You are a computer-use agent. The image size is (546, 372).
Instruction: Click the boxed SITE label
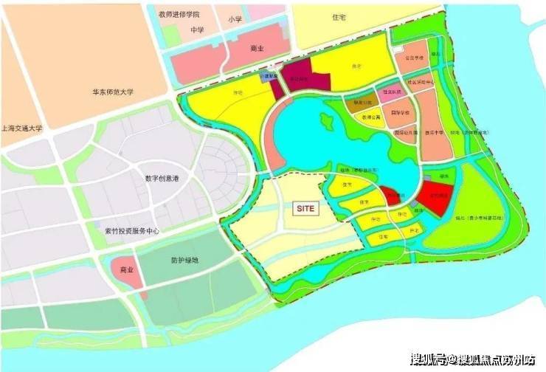tap(305, 209)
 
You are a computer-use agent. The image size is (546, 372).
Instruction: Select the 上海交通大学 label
tap(22, 127)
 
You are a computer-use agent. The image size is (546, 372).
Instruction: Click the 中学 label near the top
tap(176, 30)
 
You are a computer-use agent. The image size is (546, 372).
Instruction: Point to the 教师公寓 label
tap(371, 117)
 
